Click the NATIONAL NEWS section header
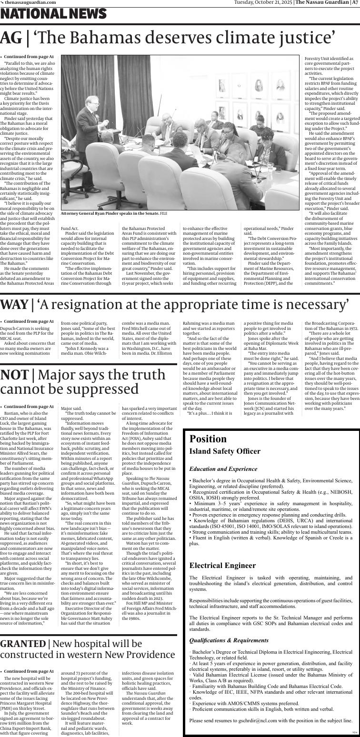(53, 14)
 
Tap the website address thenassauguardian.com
(30, 2)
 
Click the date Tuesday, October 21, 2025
(263, 2)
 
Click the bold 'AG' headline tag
(11, 38)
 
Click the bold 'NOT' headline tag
(14, 375)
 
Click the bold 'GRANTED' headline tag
(22, 644)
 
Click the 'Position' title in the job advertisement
(208, 438)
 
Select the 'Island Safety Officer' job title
(225, 451)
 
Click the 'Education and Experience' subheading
(223, 469)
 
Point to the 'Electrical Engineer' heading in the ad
(222, 566)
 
